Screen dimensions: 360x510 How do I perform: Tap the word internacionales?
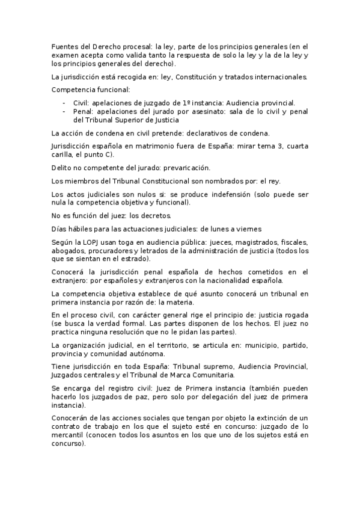coord(280,77)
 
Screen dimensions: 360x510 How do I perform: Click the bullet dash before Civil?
coord(64,102)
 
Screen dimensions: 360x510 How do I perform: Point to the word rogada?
coord(295,315)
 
